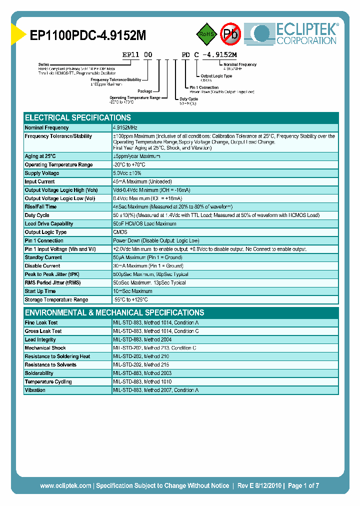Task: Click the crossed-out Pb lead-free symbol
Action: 230,34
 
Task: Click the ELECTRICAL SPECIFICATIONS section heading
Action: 78,118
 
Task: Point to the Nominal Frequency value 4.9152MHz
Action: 125,128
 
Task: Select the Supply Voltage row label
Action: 42,173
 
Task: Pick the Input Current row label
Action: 40,181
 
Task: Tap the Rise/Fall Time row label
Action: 40,206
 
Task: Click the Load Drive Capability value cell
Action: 144,223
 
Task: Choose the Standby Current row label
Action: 43,257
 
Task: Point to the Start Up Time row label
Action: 40,291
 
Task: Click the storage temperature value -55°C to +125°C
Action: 130,299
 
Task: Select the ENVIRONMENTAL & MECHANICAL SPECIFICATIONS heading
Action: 114,312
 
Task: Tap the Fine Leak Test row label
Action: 41,322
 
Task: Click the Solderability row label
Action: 39,373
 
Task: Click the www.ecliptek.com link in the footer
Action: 65,485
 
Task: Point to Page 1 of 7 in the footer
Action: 303,485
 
